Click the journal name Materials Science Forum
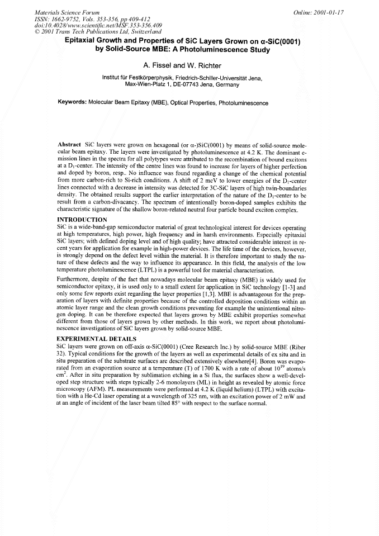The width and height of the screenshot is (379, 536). tap(67, 12)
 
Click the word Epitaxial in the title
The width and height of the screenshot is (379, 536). tap(83, 41)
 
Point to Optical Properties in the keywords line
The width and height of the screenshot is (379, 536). tap(193, 103)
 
